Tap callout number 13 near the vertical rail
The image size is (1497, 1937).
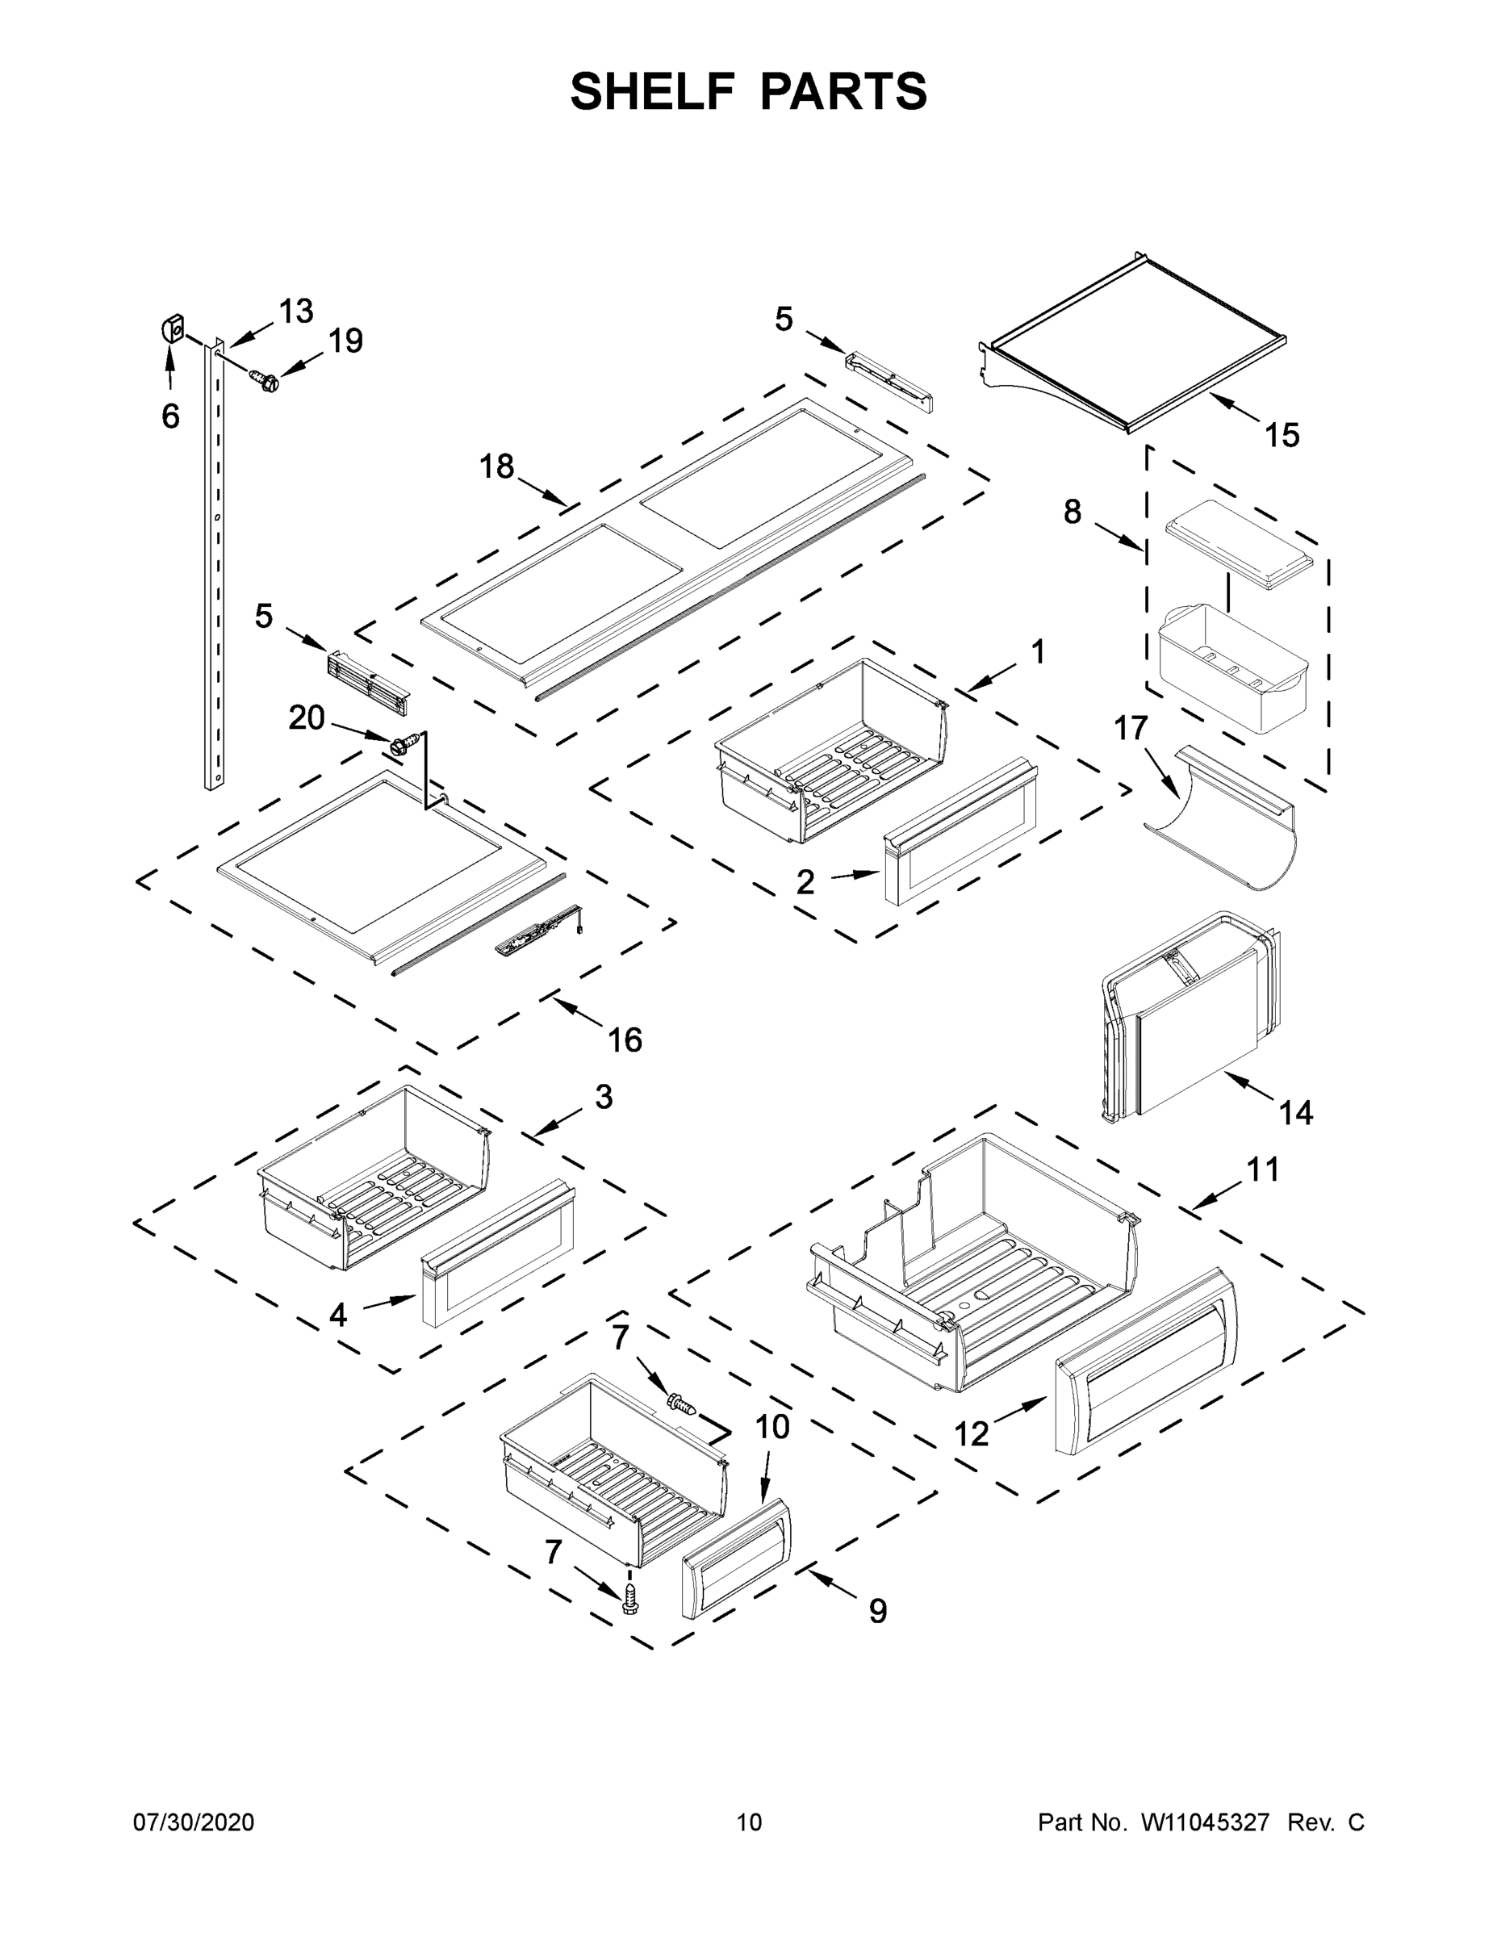[x=295, y=312]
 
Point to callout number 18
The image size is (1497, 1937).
[x=496, y=466]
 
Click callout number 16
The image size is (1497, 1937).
[x=625, y=1040]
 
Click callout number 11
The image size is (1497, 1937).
[x=1263, y=1169]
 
